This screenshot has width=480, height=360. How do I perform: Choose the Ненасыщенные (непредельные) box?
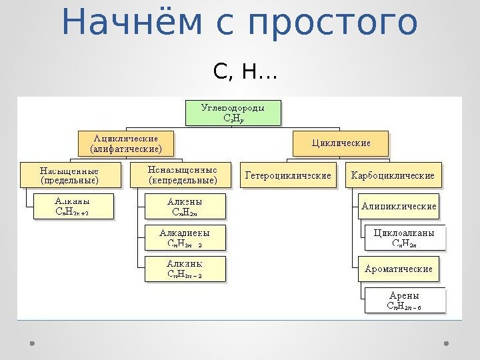click(183, 175)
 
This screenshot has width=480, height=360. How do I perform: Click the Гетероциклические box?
click(289, 176)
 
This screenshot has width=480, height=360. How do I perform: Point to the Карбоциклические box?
click(393, 176)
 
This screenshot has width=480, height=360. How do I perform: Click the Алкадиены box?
click(185, 238)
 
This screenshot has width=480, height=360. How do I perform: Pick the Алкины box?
click(185, 269)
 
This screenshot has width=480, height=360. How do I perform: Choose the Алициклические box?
click(399, 207)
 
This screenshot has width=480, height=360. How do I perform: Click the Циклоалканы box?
click(405, 238)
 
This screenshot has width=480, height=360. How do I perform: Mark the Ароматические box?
click(399, 269)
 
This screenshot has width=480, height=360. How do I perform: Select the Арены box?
click(405, 301)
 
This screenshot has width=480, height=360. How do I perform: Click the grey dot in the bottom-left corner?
click(32, 343)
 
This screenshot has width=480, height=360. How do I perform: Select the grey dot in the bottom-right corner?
click(447, 343)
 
